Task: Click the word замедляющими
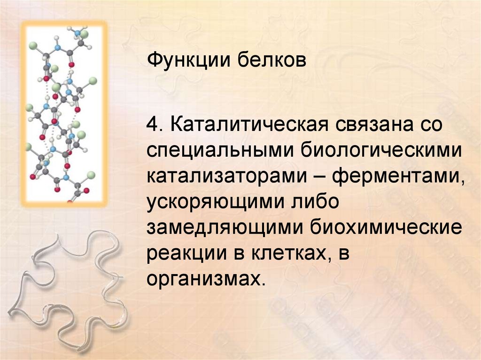click(x=225, y=229)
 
